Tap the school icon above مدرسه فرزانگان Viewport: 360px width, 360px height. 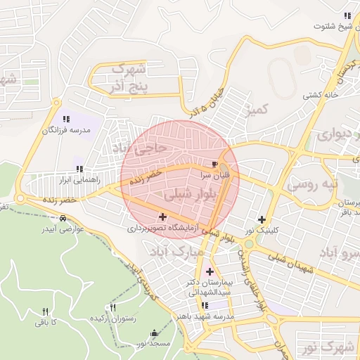click(66, 120)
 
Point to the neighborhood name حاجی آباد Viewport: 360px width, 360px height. click(139, 149)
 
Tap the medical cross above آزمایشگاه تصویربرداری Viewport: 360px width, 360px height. click(163, 217)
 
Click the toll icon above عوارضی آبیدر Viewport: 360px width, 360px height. click(64, 218)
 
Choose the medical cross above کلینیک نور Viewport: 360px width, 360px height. click(262, 219)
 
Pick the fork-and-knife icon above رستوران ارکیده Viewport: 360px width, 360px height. click(112, 308)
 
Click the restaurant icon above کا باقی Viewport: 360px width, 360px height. click(46, 311)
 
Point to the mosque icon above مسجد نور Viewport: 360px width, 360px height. click(154, 333)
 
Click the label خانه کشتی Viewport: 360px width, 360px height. click(321, 94)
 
